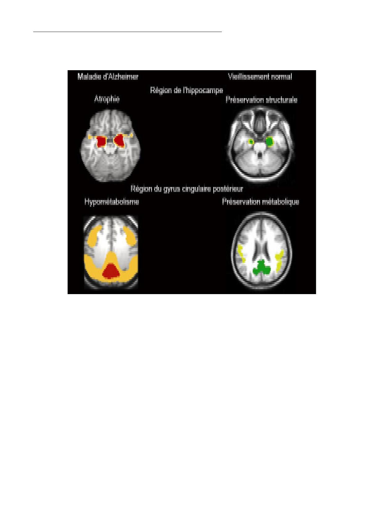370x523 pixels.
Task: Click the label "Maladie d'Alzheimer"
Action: (x=108, y=77)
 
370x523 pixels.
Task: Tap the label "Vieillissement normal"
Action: (x=260, y=77)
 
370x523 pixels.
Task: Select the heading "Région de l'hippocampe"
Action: (x=186, y=90)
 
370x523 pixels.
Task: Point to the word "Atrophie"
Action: (x=107, y=99)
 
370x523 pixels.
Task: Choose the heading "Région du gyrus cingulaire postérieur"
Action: (x=187, y=189)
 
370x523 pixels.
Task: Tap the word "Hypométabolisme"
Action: (x=112, y=202)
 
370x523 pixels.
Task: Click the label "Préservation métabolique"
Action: (x=261, y=202)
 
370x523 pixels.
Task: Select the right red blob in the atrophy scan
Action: (x=119, y=141)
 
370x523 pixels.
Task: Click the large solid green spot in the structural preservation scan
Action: (x=270, y=141)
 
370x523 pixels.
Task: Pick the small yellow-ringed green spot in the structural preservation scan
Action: (x=251, y=142)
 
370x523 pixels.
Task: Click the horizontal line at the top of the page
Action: (x=127, y=31)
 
